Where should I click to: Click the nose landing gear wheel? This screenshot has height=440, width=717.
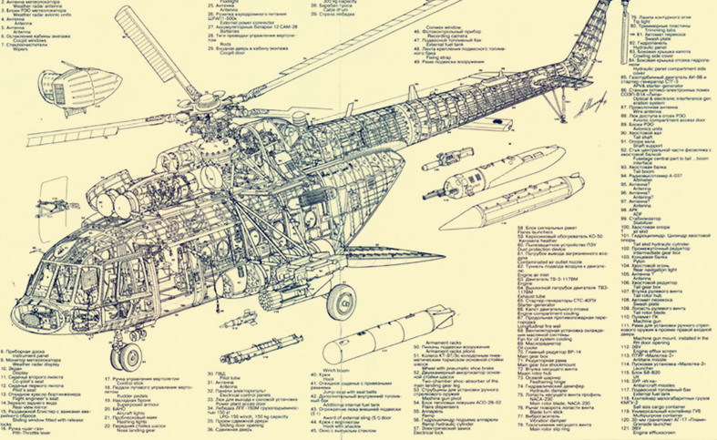coord(131,357)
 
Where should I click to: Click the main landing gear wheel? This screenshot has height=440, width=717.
coord(340,300)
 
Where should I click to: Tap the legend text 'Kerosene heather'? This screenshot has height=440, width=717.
coord(541,240)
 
